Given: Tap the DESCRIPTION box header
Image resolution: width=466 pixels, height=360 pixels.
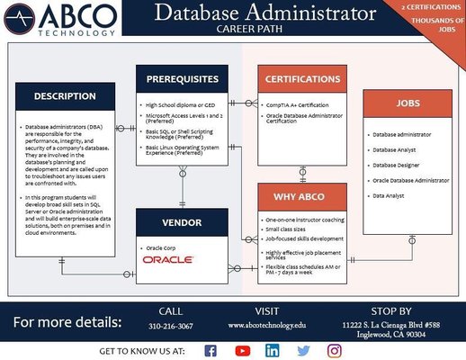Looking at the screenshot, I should pos(65,96).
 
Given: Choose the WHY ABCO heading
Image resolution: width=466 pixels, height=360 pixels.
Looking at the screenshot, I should pos(305,197).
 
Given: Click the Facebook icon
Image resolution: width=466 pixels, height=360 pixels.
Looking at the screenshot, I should pos(211,349).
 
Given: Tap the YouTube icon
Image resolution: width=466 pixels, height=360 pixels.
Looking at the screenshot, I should pos(242,349).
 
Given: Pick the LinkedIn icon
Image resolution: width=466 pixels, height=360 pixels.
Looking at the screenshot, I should pos(273,349).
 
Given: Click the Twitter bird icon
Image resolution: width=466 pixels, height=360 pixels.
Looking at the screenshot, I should pos(303,349).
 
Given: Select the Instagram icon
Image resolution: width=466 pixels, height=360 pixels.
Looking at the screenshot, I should pos(334,349).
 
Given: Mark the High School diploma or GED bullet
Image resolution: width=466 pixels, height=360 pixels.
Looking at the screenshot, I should pos(183,105).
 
